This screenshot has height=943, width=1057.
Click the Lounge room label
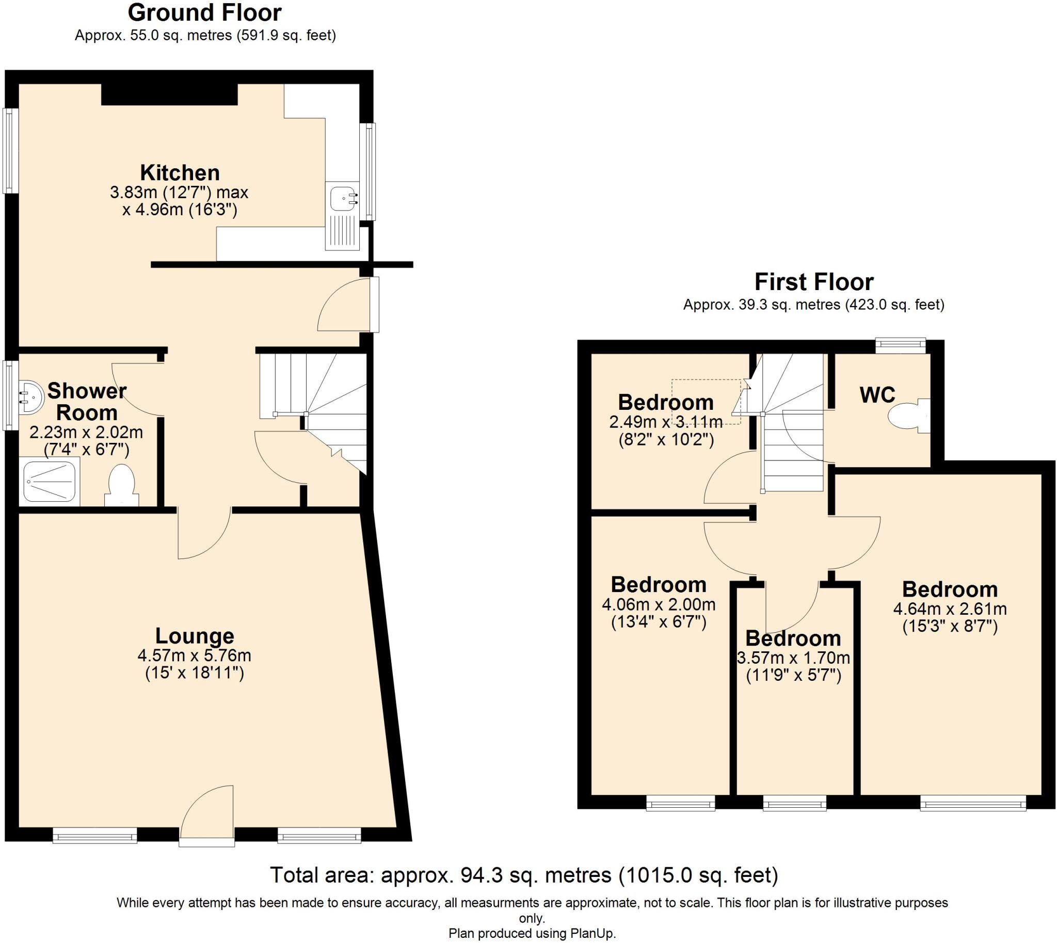click(194, 636)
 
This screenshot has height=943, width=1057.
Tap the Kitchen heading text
click(180, 172)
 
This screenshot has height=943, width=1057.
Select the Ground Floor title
click(205, 13)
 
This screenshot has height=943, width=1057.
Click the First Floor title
click(813, 282)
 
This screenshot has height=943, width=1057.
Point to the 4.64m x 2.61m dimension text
click(950, 609)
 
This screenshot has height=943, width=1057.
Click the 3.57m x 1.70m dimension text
click(793, 658)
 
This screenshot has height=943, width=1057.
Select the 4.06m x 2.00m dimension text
click(659, 604)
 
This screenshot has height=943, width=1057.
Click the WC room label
click(877, 395)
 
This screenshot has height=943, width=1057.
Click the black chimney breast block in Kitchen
click(169, 94)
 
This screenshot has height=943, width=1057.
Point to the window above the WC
click(901, 345)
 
